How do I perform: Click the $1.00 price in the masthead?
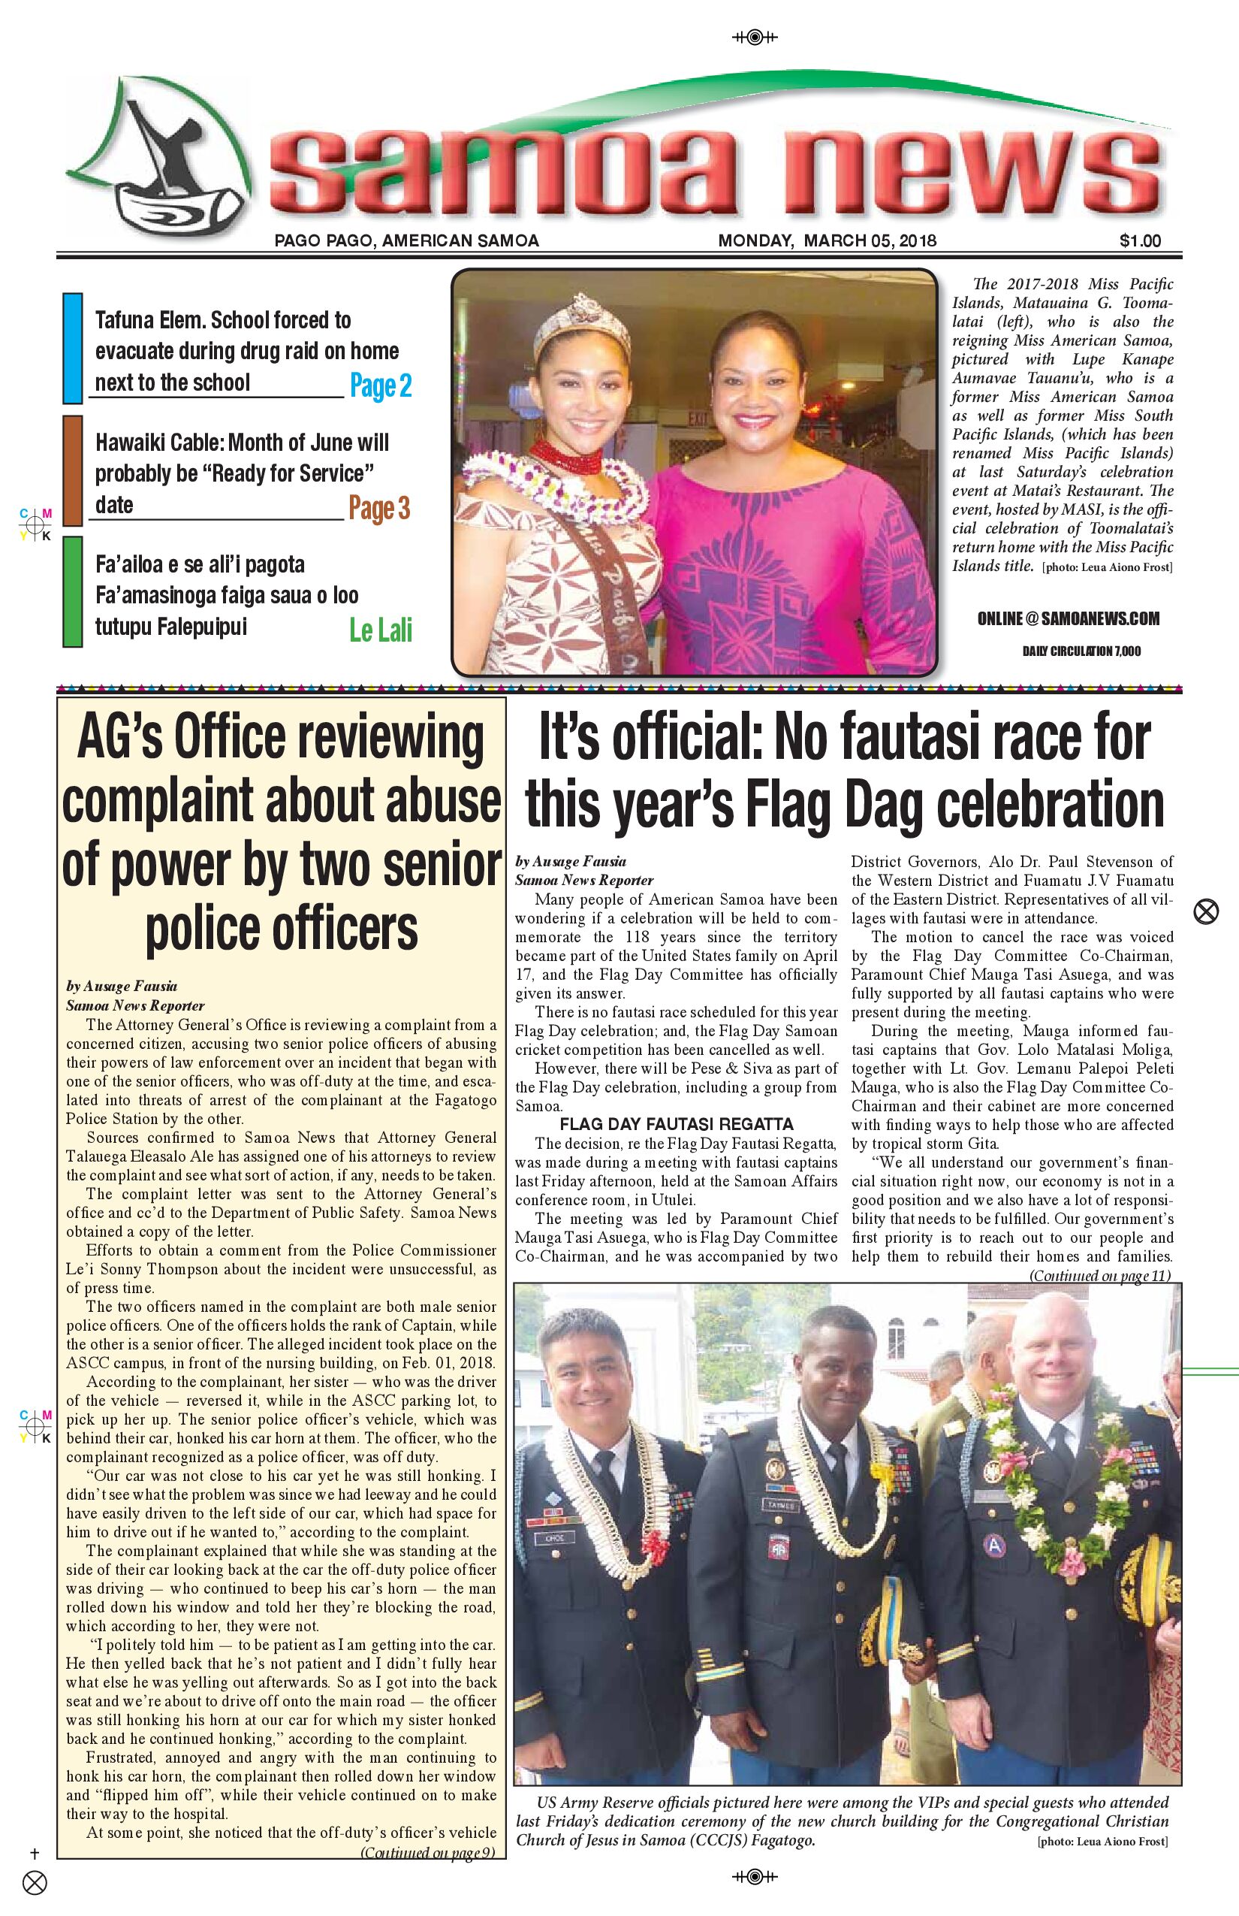[1139, 240]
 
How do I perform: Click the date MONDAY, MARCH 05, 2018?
[827, 240]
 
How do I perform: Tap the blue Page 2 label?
[381, 385]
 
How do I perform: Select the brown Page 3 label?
[379, 508]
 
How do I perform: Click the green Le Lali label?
[380, 630]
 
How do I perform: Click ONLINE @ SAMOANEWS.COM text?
[1068, 618]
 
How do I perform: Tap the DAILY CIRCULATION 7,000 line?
[1081, 651]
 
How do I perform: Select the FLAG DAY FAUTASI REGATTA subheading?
[676, 1124]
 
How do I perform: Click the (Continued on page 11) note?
[1099, 1275]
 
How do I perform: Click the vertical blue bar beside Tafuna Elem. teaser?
[72, 348]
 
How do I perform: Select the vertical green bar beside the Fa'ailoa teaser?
[72, 592]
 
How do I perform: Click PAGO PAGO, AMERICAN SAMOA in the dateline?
[406, 240]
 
